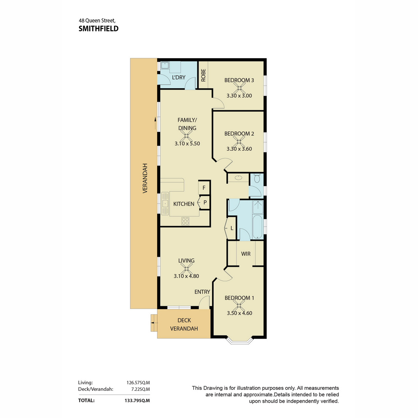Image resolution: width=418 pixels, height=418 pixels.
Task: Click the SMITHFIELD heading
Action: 99,29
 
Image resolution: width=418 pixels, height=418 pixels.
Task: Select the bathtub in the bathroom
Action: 258,227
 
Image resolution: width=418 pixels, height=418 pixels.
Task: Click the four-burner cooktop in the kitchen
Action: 185,222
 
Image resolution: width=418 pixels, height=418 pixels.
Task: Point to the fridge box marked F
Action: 204,188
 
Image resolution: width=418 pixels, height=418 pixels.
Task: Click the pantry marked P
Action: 204,203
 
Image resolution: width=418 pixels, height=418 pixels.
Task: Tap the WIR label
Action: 246,254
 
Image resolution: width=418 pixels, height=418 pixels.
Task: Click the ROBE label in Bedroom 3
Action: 203,75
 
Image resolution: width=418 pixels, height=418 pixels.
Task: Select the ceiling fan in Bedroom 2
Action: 239,142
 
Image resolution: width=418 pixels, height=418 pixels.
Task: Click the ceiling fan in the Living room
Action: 186,269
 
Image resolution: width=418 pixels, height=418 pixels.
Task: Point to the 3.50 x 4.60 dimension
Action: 239,313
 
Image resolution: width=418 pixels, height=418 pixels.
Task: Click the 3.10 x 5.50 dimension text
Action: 187,144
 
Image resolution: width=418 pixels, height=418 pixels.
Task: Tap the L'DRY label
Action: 179,77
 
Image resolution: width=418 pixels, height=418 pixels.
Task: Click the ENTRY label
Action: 202,292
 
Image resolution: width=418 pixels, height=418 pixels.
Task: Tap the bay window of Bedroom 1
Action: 240,341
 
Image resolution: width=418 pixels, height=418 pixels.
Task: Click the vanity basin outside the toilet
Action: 239,178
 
